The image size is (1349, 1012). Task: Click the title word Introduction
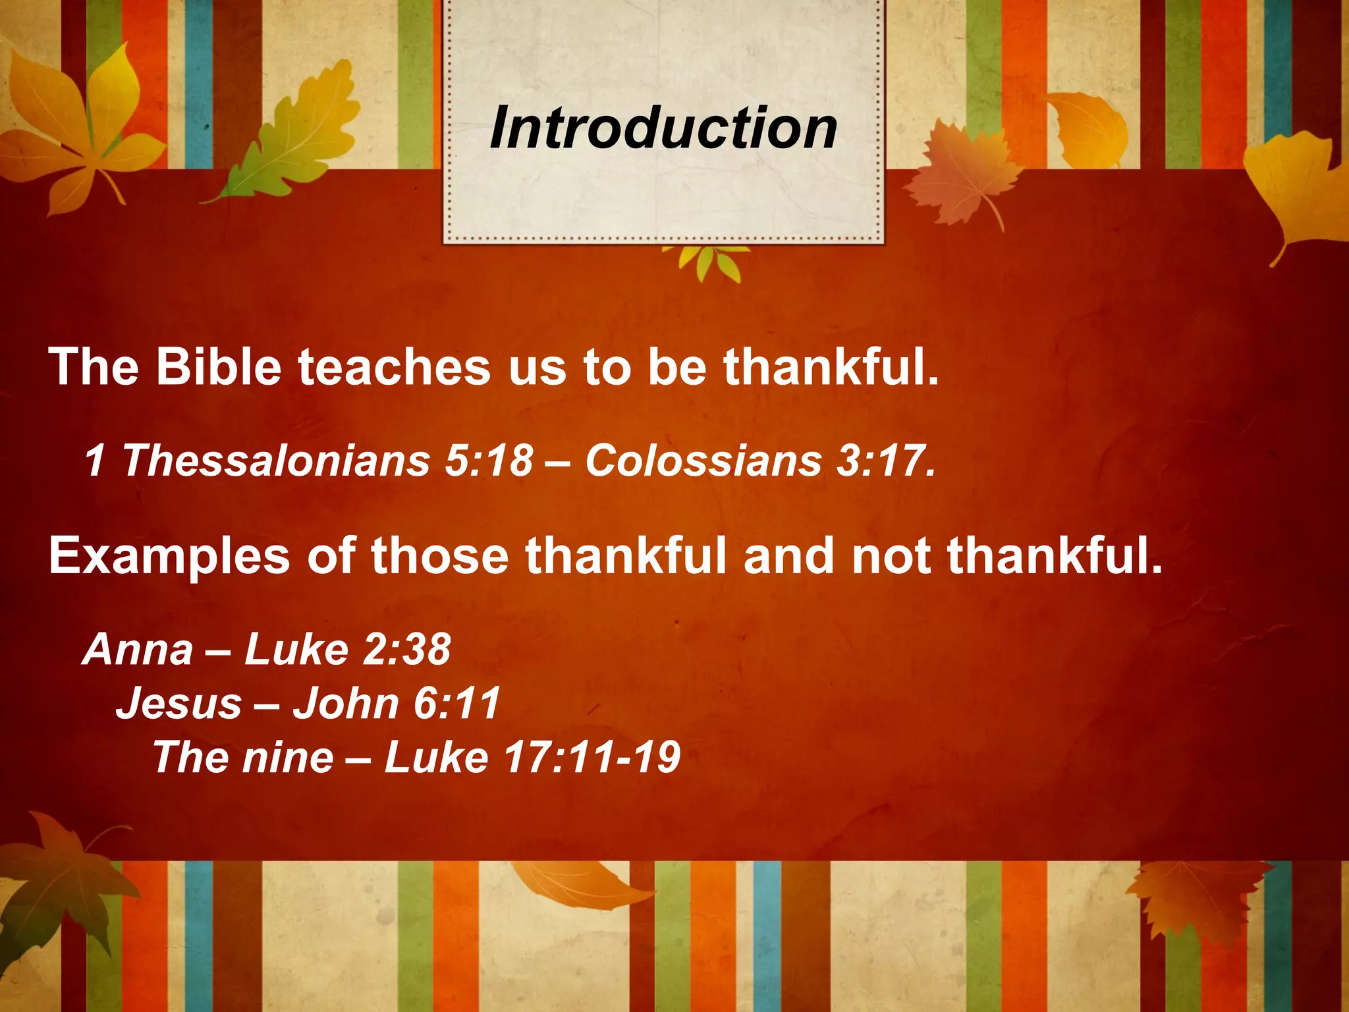click(663, 128)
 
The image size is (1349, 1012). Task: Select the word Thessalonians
click(276, 460)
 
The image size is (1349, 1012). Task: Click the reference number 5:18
click(488, 460)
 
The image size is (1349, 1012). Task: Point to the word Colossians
click(703, 460)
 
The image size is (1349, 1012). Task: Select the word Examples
click(169, 555)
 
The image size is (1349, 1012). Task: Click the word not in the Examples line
click(891, 555)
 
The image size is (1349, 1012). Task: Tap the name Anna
click(138, 650)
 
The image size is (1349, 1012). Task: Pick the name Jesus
click(179, 703)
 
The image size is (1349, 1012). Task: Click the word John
click(345, 703)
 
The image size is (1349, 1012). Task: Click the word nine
click(288, 757)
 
